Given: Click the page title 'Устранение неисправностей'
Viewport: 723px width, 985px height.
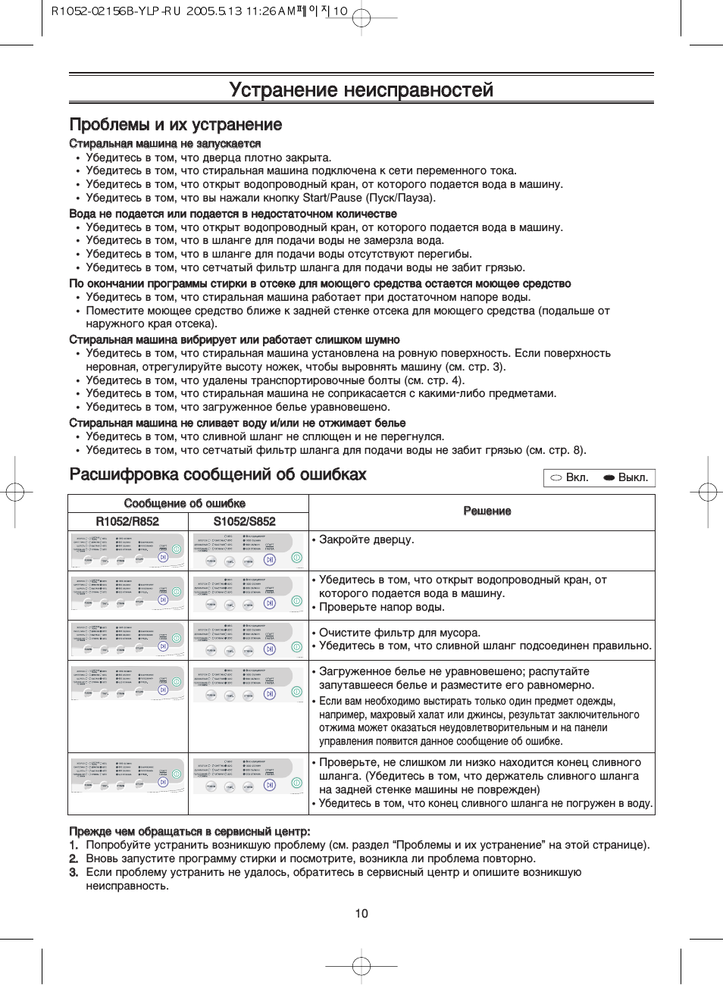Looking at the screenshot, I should pyautogui.click(x=361, y=90).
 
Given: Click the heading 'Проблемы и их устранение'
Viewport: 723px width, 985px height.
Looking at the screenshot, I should pyautogui.click(x=176, y=125).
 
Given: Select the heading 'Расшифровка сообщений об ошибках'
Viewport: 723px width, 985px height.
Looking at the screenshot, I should pyautogui.click(x=218, y=475).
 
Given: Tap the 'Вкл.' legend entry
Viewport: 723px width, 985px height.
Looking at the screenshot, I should pyautogui.click(x=570, y=477).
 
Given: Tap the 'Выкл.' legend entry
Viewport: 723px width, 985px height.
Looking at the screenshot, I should pyautogui.click(x=626, y=477).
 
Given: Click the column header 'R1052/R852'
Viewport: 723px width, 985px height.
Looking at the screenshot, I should pyautogui.click(x=127, y=521).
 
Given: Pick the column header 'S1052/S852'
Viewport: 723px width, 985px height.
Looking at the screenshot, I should pyautogui.click(x=244, y=521).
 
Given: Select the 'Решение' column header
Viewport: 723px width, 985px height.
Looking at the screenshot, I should pyautogui.click(x=487, y=511).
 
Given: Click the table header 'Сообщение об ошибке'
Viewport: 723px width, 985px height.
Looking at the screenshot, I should pyautogui.click(x=185, y=503).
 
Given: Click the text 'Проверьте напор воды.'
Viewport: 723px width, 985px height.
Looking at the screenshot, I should pyautogui.click(x=382, y=607).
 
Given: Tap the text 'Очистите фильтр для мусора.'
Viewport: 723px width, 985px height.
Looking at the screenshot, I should pyautogui.click(x=399, y=633).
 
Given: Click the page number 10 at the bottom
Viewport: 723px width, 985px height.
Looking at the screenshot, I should pyautogui.click(x=361, y=913).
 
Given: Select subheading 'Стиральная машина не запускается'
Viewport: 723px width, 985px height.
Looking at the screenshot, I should pyautogui.click(x=165, y=144).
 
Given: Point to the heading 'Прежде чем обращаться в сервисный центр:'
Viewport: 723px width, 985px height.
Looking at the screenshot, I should pyautogui.click(x=189, y=831).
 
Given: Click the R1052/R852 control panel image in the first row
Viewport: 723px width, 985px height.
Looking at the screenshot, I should pyautogui.click(x=128, y=551).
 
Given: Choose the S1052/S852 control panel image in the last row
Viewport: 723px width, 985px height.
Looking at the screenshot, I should pyautogui.click(x=247, y=776).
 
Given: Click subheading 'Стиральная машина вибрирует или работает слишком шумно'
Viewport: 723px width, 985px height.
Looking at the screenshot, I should pyautogui.click(x=234, y=339).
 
